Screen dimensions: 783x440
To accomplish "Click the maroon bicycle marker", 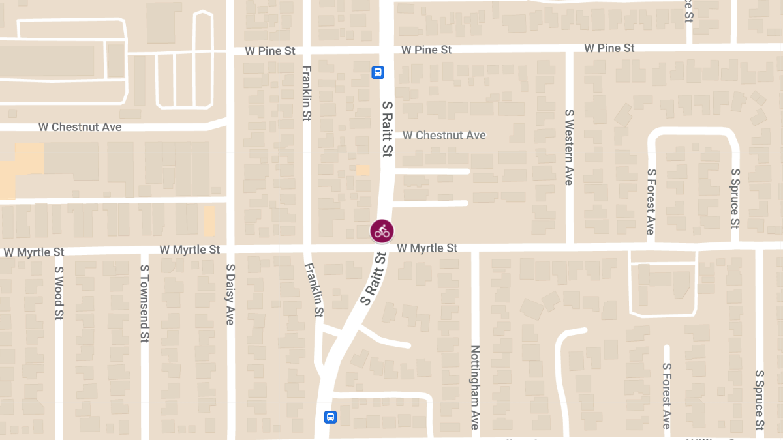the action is click(x=382, y=231).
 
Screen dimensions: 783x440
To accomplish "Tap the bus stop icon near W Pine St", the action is click(x=378, y=72).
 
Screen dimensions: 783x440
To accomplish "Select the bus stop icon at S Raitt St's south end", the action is click(x=331, y=417).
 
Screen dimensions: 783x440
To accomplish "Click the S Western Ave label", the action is click(x=568, y=147).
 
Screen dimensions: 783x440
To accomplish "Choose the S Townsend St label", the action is click(x=144, y=304).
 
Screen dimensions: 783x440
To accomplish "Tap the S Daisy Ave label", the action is click(x=230, y=295).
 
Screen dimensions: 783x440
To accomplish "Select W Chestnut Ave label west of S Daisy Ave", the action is click(x=80, y=127).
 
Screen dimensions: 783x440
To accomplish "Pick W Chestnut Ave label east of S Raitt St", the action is click(x=444, y=135).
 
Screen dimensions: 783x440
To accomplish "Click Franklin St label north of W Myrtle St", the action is click(x=307, y=93).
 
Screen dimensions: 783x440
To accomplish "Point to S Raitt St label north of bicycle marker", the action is click(x=386, y=128).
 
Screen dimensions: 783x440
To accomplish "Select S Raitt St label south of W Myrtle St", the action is click(x=374, y=279).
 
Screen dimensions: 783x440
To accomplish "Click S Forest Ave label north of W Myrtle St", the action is click(x=651, y=201).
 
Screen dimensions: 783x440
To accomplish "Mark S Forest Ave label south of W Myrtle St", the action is click(x=666, y=396).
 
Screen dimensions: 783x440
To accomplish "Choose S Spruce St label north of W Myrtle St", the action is click(x=735, y=198).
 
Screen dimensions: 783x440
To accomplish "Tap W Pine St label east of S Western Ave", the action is click(x=609, y=48).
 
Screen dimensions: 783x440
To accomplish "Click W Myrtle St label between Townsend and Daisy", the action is click(x=191, y=250).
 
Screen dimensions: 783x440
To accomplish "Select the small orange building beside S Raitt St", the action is click(x=362, y=170).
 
